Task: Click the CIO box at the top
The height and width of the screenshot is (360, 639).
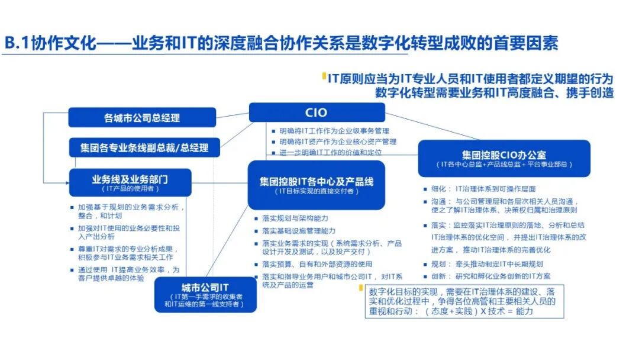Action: click(x=317, y=112)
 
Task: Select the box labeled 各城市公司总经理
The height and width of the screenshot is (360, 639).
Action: click(x=142, y=118)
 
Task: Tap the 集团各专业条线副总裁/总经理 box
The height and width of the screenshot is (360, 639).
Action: click(x=144, y=147)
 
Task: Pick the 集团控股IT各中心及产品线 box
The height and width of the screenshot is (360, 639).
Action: click(x=317, y=185)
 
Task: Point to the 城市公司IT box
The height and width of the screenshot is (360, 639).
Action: click(x=205, y=294)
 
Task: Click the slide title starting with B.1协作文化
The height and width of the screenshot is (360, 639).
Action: click(x=281, y=43)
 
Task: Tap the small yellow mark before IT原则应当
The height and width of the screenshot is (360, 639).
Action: click(x=323, y=76)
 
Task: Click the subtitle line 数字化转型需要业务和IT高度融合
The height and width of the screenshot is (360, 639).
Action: click(x=494, y=92)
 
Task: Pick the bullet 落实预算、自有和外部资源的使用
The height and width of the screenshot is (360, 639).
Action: click(x=317, y=264)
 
